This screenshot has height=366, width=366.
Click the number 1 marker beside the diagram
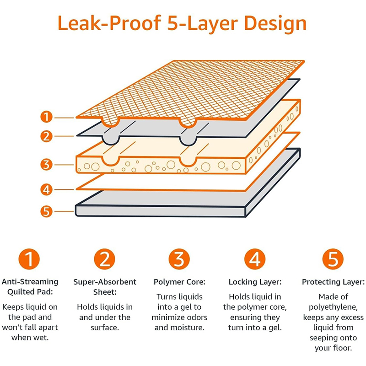(46, 117)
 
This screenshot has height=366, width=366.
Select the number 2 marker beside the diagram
(46, 136)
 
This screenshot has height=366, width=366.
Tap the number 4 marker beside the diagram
(46, 188)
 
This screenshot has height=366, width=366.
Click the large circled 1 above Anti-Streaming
(29, 259)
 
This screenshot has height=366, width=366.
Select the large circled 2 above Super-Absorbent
(105, 259)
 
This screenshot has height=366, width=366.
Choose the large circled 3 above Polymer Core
(180, 259)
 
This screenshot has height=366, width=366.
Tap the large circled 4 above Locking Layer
(254, 259)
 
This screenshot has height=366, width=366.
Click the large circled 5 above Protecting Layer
(333, 259)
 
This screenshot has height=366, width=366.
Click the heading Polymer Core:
(179, 282)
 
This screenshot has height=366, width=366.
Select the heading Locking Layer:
(254, 282)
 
